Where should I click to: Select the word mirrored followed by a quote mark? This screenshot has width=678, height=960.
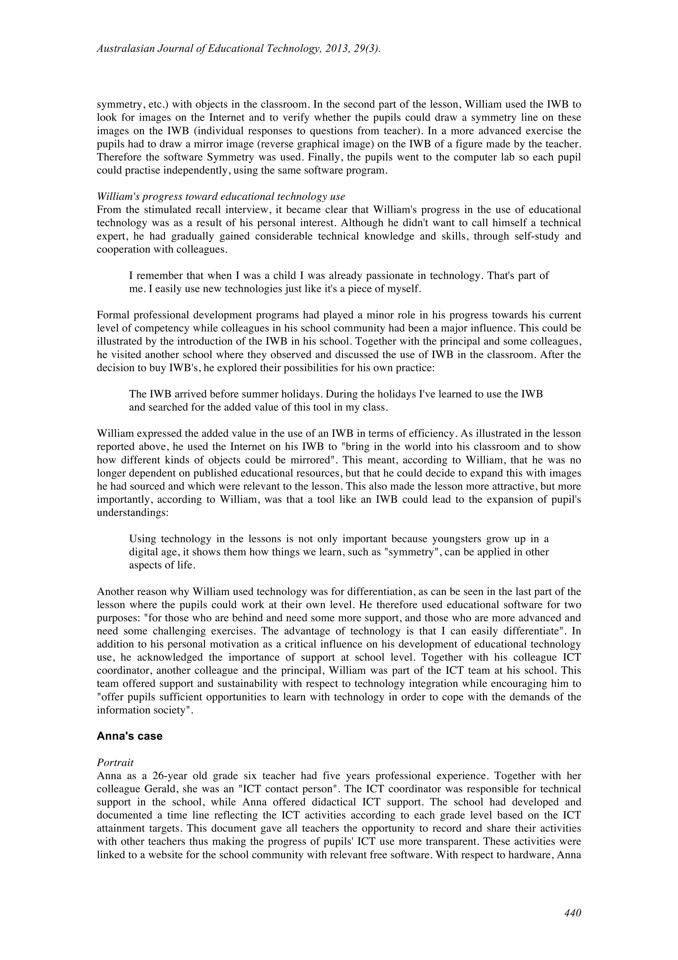pos(301,460)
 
